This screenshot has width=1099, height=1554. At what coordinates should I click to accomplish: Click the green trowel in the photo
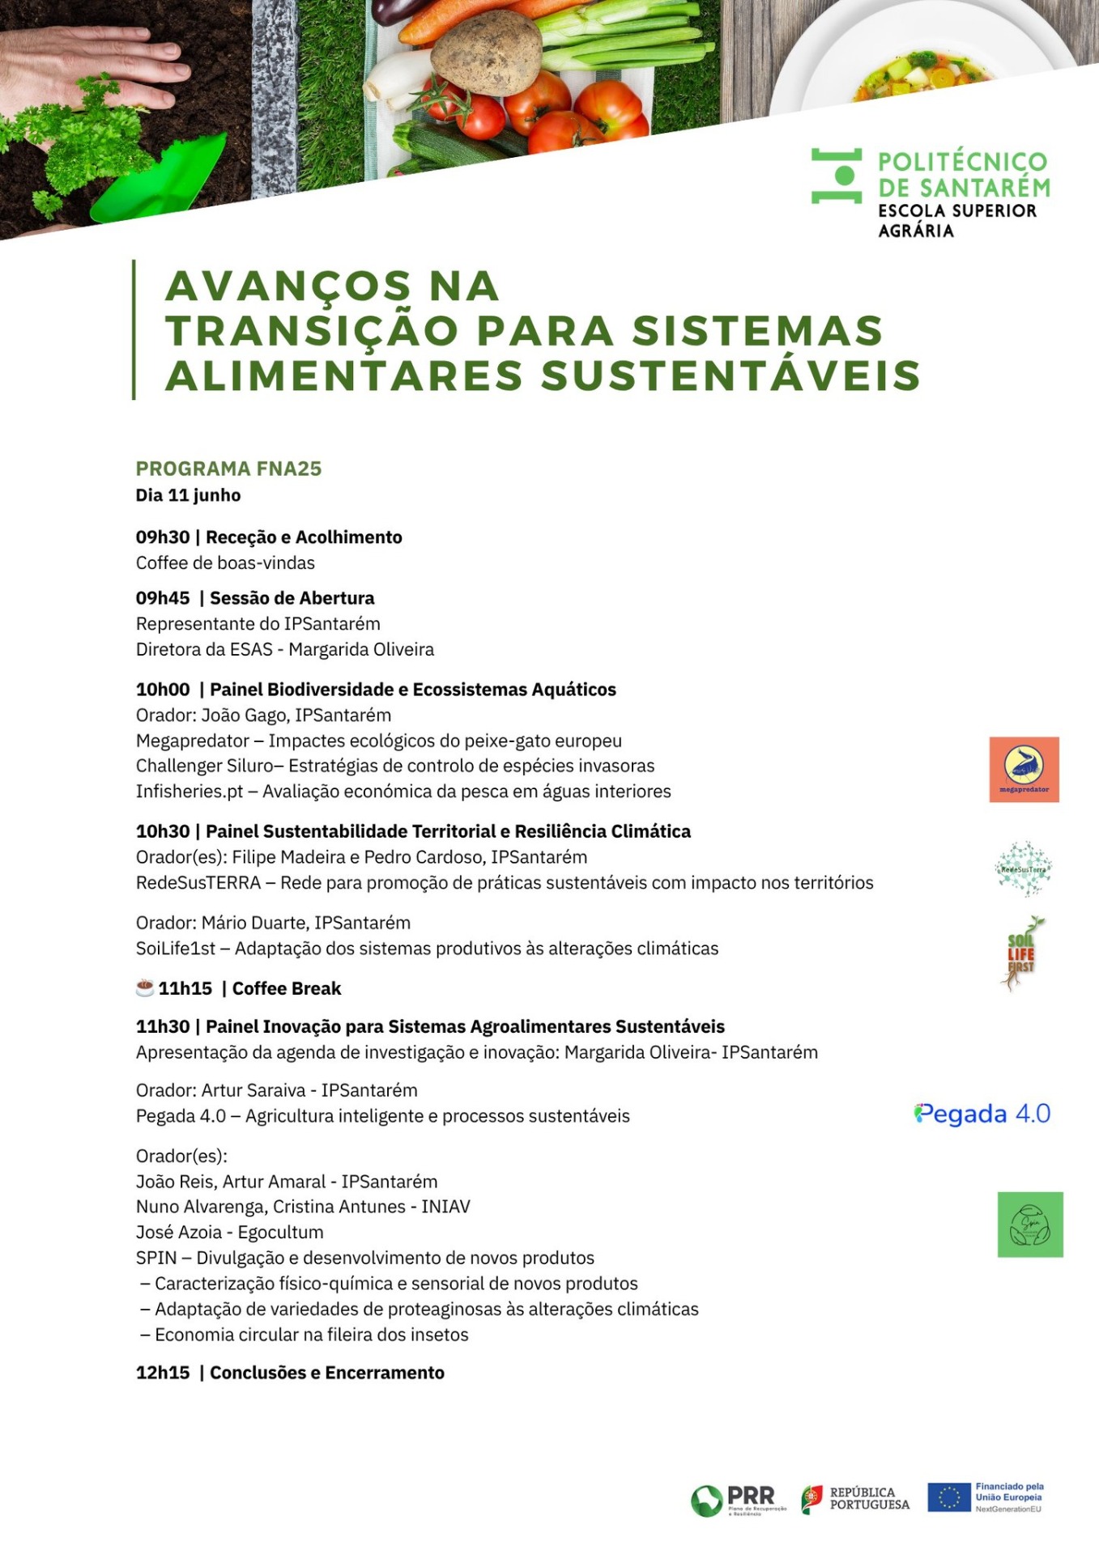pyautogui.click(x=162, y=182)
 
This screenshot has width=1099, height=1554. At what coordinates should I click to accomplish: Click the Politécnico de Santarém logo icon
pyautogui.click(x=836, y=176)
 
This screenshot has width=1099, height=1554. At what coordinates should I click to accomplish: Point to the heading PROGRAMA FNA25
pyautogui.click(x=228, y=469)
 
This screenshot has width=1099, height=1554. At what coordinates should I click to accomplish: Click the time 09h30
pyautogui.click(x=163, y=537)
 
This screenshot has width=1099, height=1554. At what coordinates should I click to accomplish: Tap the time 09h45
pyautogui.click(x=163, y=598)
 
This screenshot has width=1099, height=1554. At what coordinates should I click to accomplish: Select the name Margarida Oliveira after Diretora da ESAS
pyautogui.click(x=361, y=649)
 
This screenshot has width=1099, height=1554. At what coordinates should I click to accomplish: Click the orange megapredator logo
pyautogui.click(x=1024, y=769)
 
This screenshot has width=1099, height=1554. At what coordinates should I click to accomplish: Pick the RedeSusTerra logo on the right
pyautogui.click(x=1024, y=868)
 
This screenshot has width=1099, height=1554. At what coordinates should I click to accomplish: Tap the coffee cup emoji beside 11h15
pyautogui.click(x=145, y=987)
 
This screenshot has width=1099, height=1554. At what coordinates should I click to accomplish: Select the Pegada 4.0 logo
pyautogui.click(x=982, y=1114)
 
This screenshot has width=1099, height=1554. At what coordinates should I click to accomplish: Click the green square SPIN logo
pyautogui.click(x=1029, y=1224)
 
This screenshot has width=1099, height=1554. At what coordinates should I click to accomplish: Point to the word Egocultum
pyautogui.click(x=280, y=1232)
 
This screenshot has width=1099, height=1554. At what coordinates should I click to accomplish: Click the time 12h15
pyautogui.click(x=163, y=1373)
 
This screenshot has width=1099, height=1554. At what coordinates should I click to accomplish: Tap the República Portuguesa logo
pyautogui.click(x=855, y=1498)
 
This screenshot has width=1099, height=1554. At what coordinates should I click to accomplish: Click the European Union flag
pyautogui.click(x=948, y=1497)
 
